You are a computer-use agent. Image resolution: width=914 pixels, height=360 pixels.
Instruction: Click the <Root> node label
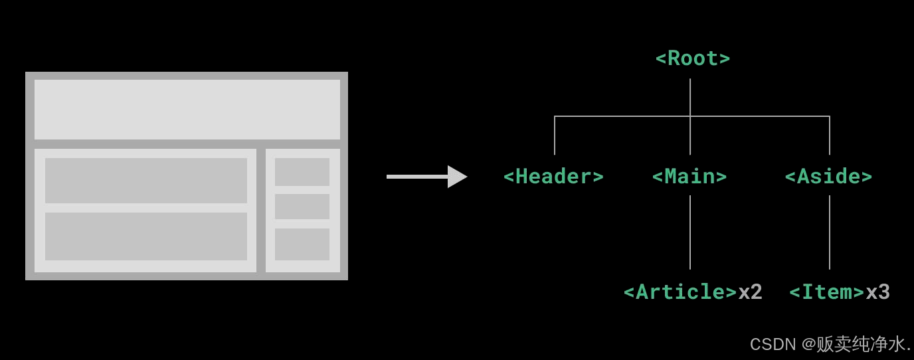(692, 58)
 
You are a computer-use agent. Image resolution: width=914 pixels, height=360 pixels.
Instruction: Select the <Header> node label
(553, 177)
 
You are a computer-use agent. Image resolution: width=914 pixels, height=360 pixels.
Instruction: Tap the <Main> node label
(689, 177)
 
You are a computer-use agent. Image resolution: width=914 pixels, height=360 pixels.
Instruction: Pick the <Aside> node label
(828, 177)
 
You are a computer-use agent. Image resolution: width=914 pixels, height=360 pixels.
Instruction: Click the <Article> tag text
(680, 292)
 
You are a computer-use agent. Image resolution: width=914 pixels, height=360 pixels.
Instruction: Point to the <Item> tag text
(827, 292)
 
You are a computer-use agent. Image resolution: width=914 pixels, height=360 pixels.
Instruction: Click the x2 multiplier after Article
(751, 292)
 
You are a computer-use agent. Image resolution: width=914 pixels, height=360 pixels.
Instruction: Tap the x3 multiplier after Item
(877, 292)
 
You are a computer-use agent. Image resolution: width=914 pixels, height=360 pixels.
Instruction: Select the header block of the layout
(187, 110)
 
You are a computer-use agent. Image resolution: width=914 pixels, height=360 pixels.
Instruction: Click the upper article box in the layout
(146, 181)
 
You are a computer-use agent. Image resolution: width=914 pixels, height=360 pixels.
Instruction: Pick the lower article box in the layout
(146, 236)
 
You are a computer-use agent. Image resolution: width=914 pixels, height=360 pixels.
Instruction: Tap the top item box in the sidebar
(302, 172)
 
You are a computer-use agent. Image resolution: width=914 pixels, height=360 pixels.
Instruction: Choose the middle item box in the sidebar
(302, 207)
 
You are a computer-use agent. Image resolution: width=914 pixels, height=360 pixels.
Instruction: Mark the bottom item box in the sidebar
(302, 244)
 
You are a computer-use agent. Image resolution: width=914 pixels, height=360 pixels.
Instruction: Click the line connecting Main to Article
(690, 232)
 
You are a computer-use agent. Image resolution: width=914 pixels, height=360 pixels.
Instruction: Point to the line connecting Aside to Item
(830, 232)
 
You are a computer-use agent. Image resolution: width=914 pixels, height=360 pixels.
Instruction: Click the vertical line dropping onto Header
(555, 136)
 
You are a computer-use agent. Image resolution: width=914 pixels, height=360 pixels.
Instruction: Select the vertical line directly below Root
(690, 97)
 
